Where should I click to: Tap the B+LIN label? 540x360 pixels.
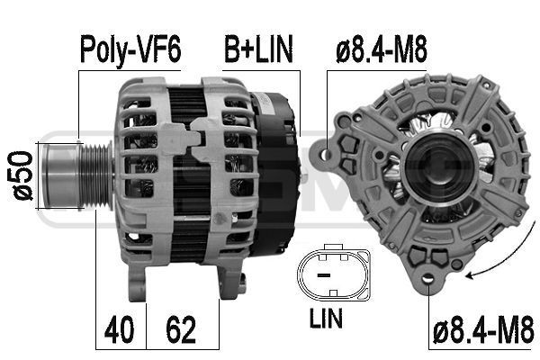[x=258, y=49]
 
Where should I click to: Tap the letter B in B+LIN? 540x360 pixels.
[x=231, y=49]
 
